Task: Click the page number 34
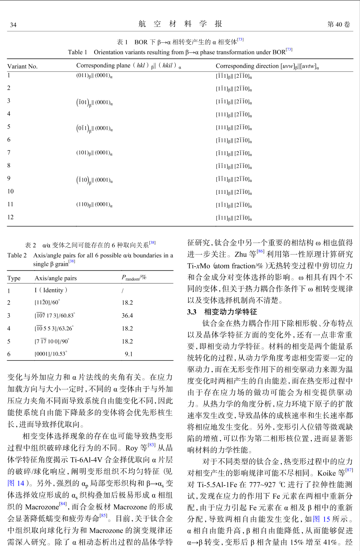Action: (13, 25)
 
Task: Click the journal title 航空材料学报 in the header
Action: (180, 24)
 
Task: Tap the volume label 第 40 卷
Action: (338, 24)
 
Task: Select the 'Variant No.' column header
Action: (22, 66)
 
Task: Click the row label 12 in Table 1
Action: (10, 217)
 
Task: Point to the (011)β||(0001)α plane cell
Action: (94, 76)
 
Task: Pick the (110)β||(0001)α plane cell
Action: (94, 205)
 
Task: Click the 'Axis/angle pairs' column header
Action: (55, 278)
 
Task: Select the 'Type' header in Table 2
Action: (14, 278)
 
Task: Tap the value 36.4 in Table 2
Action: (127, 316)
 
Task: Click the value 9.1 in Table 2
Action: (129, 354)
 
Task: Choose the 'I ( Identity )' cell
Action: (51, 290)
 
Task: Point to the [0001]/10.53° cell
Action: (51, 354)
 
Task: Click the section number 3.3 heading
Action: (192, 312)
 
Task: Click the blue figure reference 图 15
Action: (321, 519)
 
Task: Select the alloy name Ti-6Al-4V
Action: (91, 460)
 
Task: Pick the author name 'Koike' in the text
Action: (326, 473)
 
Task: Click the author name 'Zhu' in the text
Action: (241, 254)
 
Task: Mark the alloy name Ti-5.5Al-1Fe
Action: (219, 485)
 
